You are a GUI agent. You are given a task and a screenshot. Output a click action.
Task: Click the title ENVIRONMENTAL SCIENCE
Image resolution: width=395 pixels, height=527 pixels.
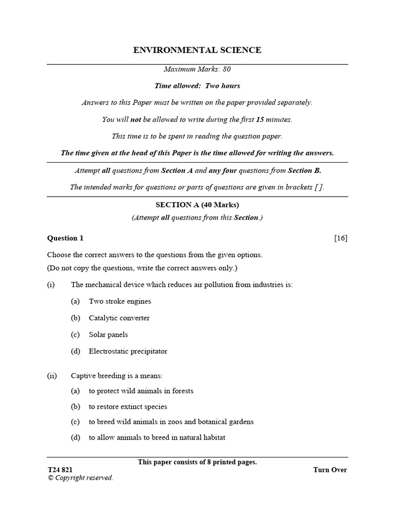197,50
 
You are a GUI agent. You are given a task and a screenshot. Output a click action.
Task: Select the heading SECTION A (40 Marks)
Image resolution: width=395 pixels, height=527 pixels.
197,205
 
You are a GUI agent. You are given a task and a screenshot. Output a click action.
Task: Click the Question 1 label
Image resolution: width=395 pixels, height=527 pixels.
65,238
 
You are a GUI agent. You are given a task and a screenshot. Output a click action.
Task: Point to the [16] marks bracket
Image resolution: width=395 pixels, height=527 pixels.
340,238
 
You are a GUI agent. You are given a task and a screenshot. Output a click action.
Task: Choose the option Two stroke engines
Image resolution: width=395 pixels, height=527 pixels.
120,301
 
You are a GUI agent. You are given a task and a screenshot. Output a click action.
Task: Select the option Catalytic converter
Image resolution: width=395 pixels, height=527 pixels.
119,318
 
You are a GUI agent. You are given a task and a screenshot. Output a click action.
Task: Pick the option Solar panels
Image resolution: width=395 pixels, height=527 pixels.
109,335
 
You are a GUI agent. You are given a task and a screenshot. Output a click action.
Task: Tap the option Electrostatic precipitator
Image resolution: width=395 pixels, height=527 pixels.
128,352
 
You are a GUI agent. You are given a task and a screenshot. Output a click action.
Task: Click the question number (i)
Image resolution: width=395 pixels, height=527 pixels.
51,285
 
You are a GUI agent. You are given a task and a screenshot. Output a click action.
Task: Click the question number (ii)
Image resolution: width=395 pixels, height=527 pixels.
52,376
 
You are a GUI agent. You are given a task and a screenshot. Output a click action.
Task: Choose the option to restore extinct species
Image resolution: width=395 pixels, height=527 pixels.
128,407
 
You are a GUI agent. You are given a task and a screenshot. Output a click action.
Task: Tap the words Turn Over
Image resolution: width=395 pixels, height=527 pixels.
330,470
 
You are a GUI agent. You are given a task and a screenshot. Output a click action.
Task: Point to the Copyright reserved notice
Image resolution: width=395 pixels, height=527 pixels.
80,478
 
